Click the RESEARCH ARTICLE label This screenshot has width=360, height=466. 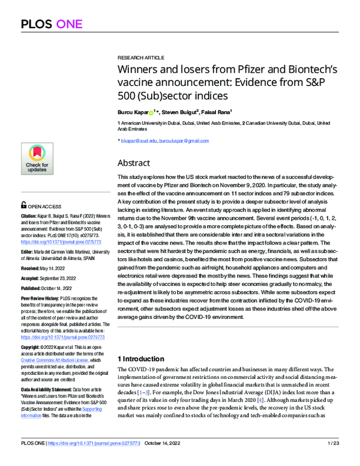coord(140,57)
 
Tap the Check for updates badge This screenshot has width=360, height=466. coord(37,159)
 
